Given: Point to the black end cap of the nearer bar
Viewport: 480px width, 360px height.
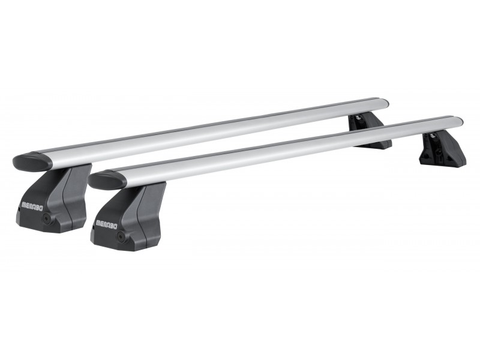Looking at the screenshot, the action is coord(107,179).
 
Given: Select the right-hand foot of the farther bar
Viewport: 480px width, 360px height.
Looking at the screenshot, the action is coord(370,131).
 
